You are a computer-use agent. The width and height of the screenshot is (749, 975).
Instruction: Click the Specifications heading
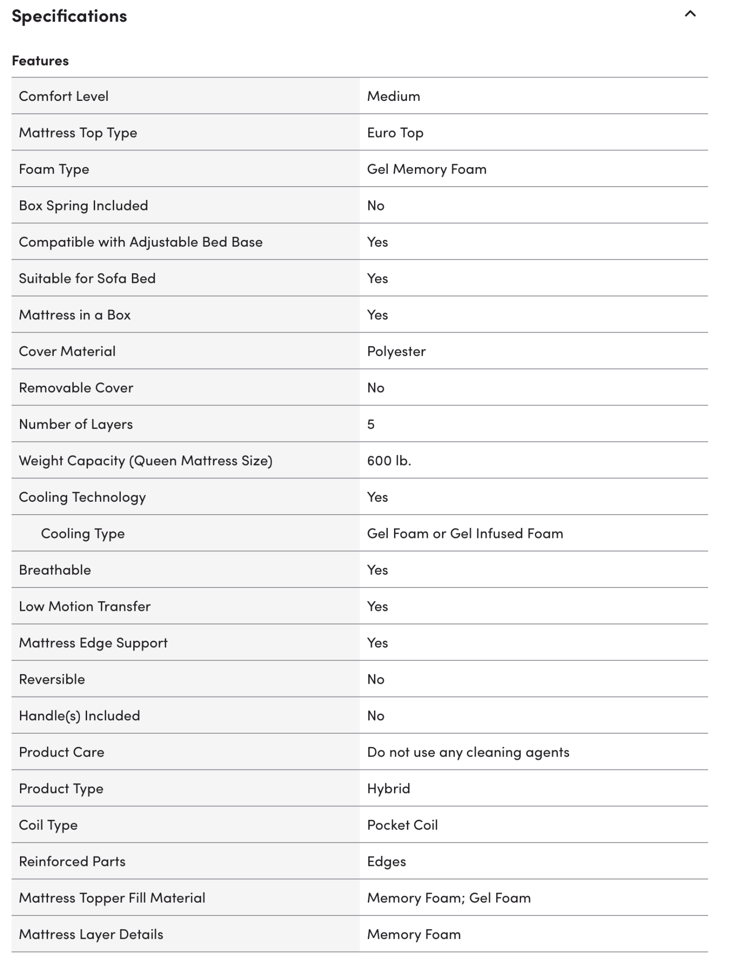pos(69,16)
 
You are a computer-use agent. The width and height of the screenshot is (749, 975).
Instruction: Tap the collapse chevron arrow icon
pos(690,14)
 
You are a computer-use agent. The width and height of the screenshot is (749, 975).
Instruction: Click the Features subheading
pos(40,61)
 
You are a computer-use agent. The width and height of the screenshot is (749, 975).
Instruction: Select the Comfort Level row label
pos(63,96)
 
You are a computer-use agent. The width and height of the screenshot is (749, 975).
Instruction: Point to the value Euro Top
pos(395,133)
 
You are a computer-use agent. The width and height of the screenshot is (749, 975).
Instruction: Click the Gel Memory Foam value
pos(426,169)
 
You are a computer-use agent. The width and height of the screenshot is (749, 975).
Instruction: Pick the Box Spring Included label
pos(83,206)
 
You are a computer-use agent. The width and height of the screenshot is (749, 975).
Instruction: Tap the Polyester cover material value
pos(396,351)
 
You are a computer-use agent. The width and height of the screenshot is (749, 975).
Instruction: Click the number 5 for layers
pos(371,424)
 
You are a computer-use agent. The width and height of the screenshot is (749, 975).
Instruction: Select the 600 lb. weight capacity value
pos(389,460)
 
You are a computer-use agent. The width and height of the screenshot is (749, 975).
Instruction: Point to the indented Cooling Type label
pos(83,534)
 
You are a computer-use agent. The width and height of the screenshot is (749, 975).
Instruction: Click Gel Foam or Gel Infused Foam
pos(464,534)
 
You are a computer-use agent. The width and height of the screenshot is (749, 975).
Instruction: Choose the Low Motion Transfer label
pos(84,607)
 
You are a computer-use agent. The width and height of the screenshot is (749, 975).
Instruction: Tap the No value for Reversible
pos(375,679)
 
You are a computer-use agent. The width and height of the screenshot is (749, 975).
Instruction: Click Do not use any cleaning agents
pos(468,752)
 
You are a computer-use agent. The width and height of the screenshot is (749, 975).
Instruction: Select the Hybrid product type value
pos(388,788)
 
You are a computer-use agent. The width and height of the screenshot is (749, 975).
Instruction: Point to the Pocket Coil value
pos(402,825)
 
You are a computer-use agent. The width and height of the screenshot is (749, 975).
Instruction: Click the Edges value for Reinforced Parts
pos(386,862)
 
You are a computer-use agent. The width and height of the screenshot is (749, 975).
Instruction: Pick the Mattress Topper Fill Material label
pos(112,898)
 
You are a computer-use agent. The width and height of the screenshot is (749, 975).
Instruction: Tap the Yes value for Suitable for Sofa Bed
pos(377,279)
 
